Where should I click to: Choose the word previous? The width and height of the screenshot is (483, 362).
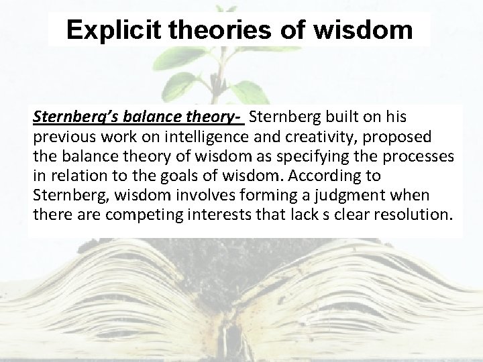61,138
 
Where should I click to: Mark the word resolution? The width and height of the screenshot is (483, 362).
415,216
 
